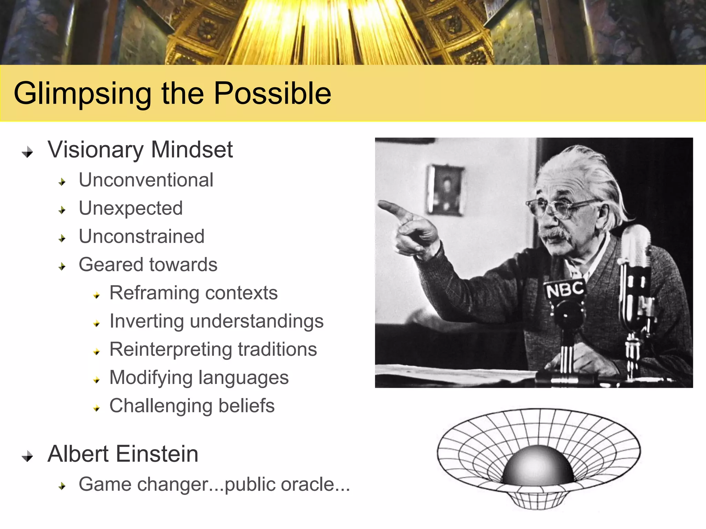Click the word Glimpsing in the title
click(82, 94)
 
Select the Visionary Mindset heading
click(140, 150)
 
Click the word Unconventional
click(146, 180)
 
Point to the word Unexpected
click(131, 208)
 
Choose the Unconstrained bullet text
click(141, 236)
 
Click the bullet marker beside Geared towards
click(62, 266)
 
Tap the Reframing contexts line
click(193, 293)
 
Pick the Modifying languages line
click(199, 377)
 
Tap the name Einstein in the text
click(157, 454)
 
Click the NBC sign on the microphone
click(565, 289)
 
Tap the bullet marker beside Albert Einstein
click(28, 457)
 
